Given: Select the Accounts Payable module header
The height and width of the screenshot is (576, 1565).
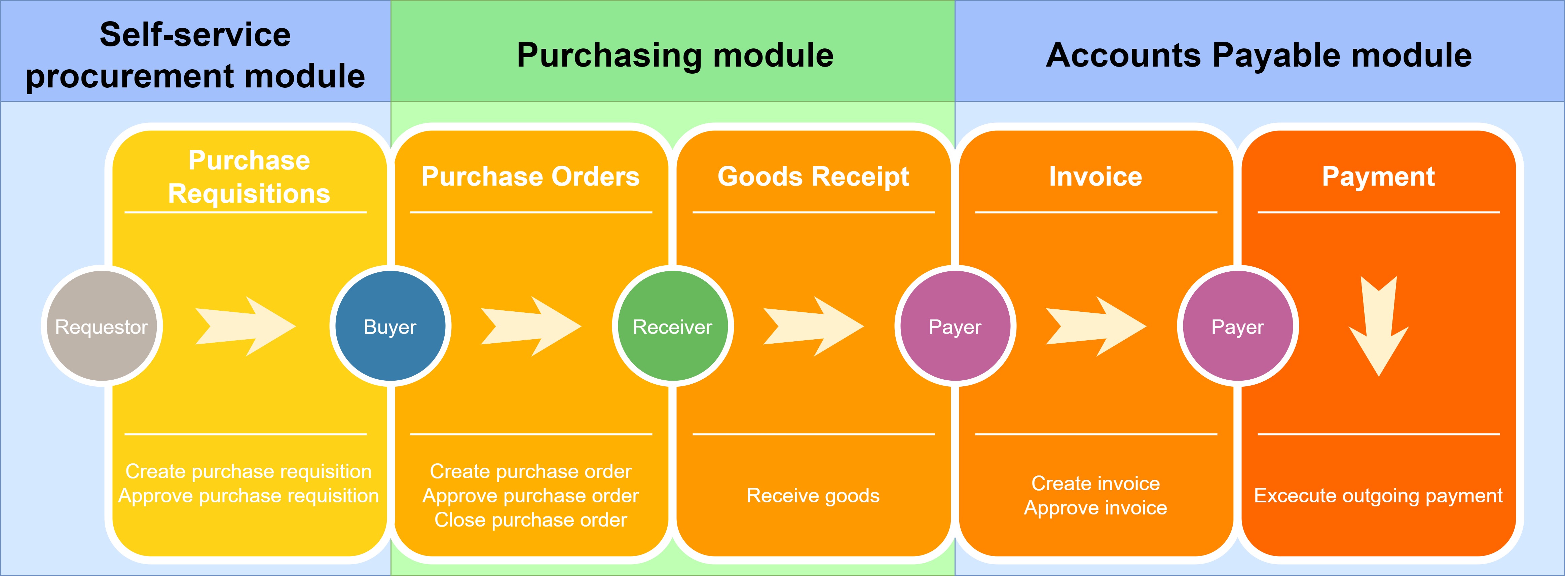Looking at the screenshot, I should click(x=1259, y=55).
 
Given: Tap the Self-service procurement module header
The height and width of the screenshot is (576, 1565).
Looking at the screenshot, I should click(x=195, y=55).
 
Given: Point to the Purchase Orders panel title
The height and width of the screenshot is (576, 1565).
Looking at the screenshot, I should click(x=530, y=176).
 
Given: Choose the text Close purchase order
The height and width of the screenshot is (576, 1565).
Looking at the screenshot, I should click(x=530, y=520).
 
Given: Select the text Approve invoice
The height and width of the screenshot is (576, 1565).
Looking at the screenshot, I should click(x=1095, y=508).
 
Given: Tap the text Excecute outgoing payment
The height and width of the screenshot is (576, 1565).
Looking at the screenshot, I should click(x=1378, y=496).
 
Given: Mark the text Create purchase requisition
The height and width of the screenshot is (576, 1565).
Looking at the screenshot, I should click(x=249, y=471).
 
